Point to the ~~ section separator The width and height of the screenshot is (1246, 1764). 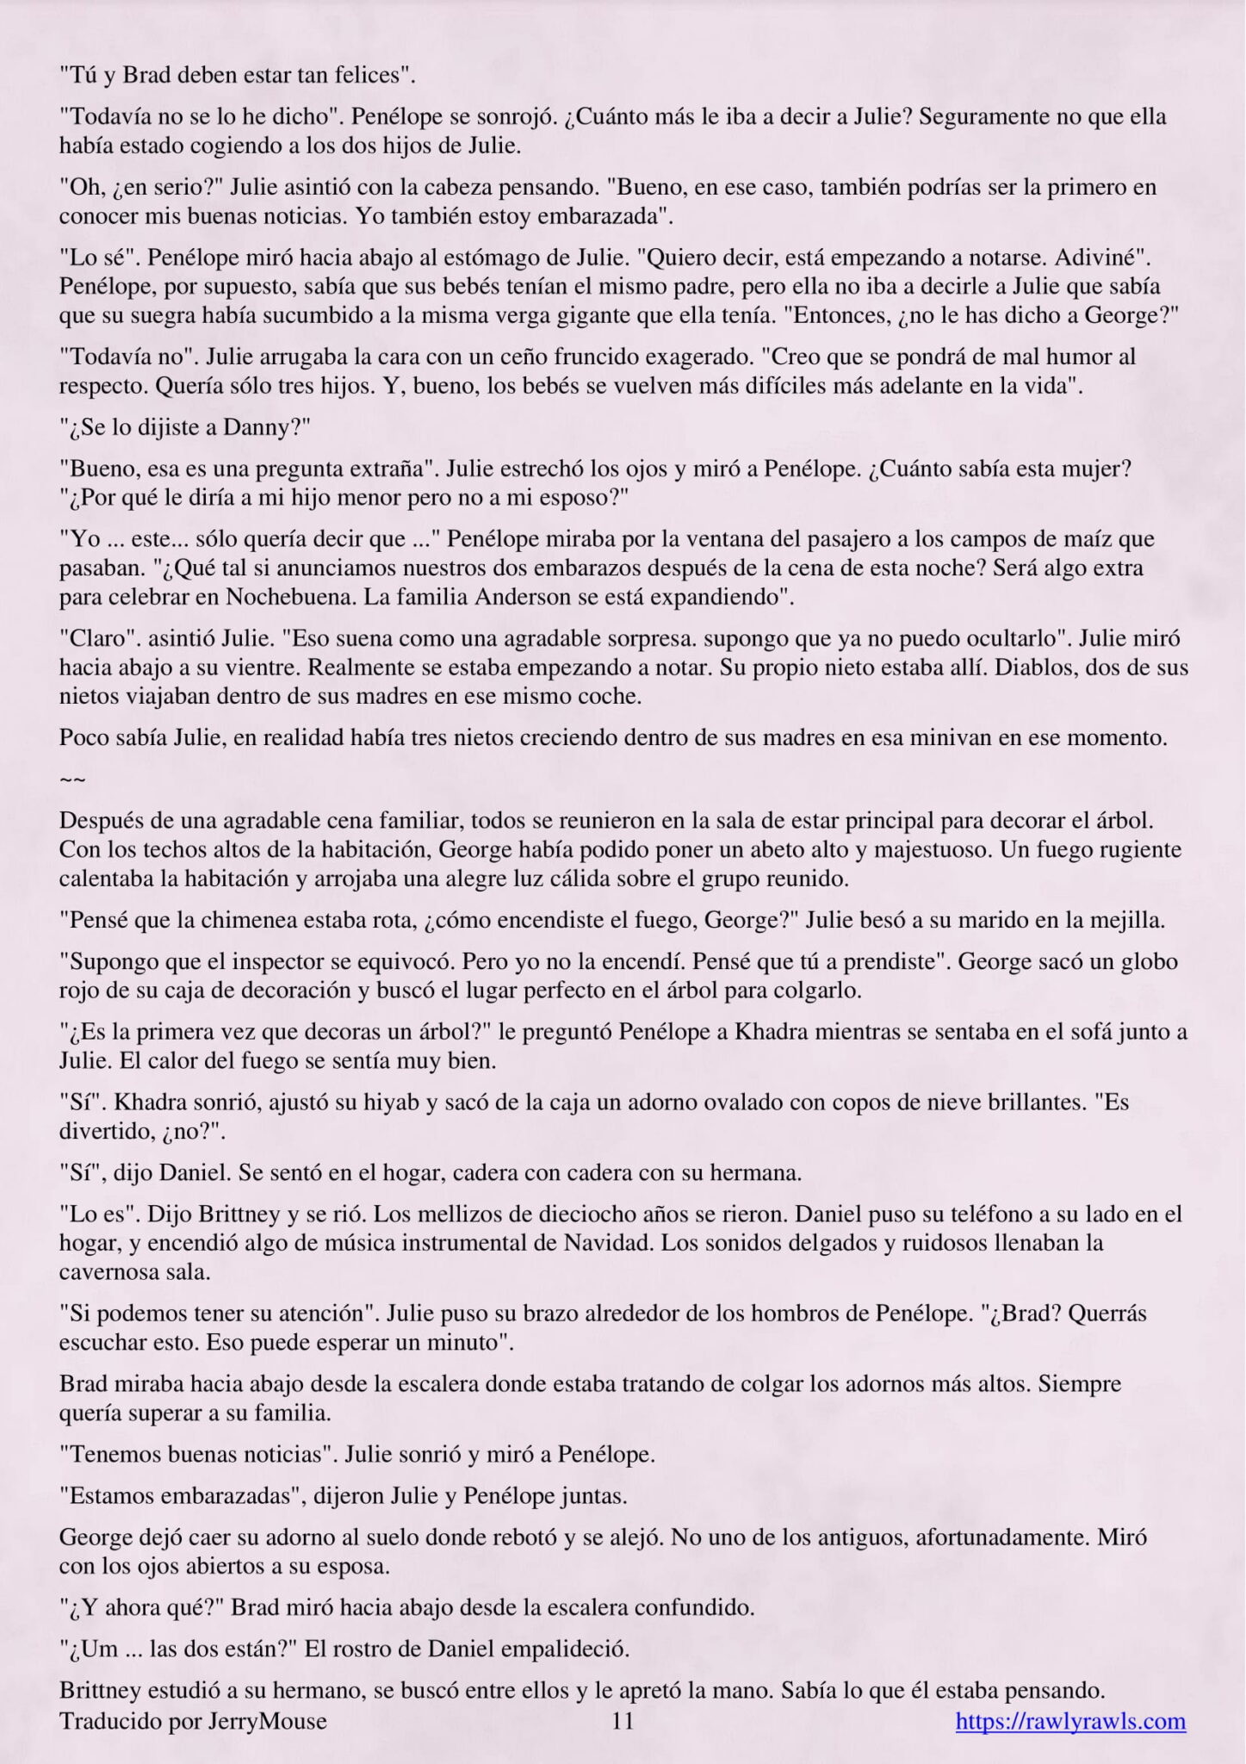[x=72, y=778]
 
